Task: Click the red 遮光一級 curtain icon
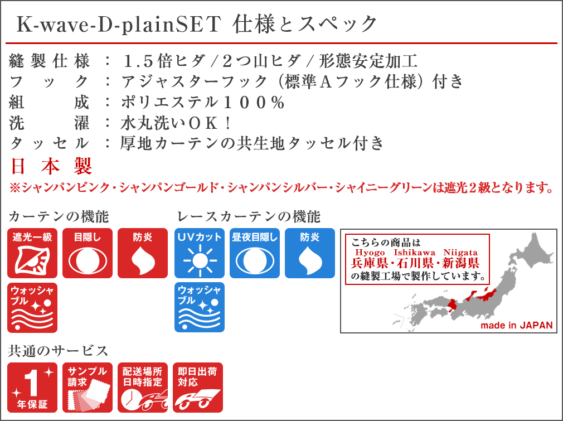(x=32, y=253)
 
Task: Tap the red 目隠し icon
(x=88, y=253)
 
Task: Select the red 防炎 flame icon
(x=143, y=253)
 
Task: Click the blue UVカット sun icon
(x=200, y=253)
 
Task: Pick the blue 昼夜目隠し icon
(x=255, y=253)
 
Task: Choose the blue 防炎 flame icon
(x=310, y=253)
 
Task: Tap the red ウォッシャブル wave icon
(x=32, y=308)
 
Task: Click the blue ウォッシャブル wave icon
(x=200, y=307)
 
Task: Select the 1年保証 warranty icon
(x=32, y=388)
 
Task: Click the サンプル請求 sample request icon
(x=88, y=388)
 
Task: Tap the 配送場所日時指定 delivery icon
(x=143, y=388)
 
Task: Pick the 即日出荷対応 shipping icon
(x=198, y=388)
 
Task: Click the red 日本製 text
(x=51, y=166)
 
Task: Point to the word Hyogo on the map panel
(x=370, y=253)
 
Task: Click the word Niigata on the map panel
(x=460, y=253)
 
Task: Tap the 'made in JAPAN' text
(x=517, y=326)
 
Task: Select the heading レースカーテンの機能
(x=249, y=216)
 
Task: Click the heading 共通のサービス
(x=58, y=351)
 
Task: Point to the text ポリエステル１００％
(x=203, y=103)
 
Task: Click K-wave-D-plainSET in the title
(x=119, y=25)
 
